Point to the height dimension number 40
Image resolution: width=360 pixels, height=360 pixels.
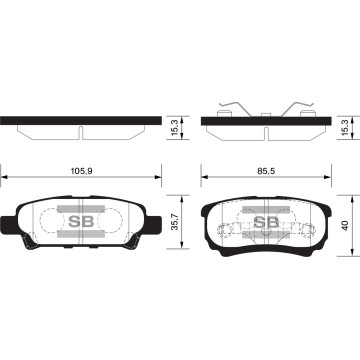345,226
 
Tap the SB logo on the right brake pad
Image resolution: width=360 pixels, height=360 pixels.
265,221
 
